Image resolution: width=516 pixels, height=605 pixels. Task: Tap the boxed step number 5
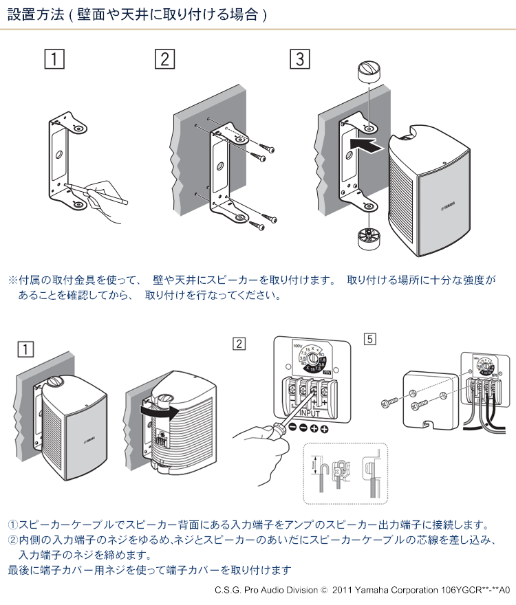pos(370,339)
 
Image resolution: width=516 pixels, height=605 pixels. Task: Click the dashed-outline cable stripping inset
pos(345,475)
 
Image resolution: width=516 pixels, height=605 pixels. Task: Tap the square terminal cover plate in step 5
pos(431,400)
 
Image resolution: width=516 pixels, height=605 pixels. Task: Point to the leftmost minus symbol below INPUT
pos(292,428)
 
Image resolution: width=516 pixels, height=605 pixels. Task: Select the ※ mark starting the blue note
pos(12,280)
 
